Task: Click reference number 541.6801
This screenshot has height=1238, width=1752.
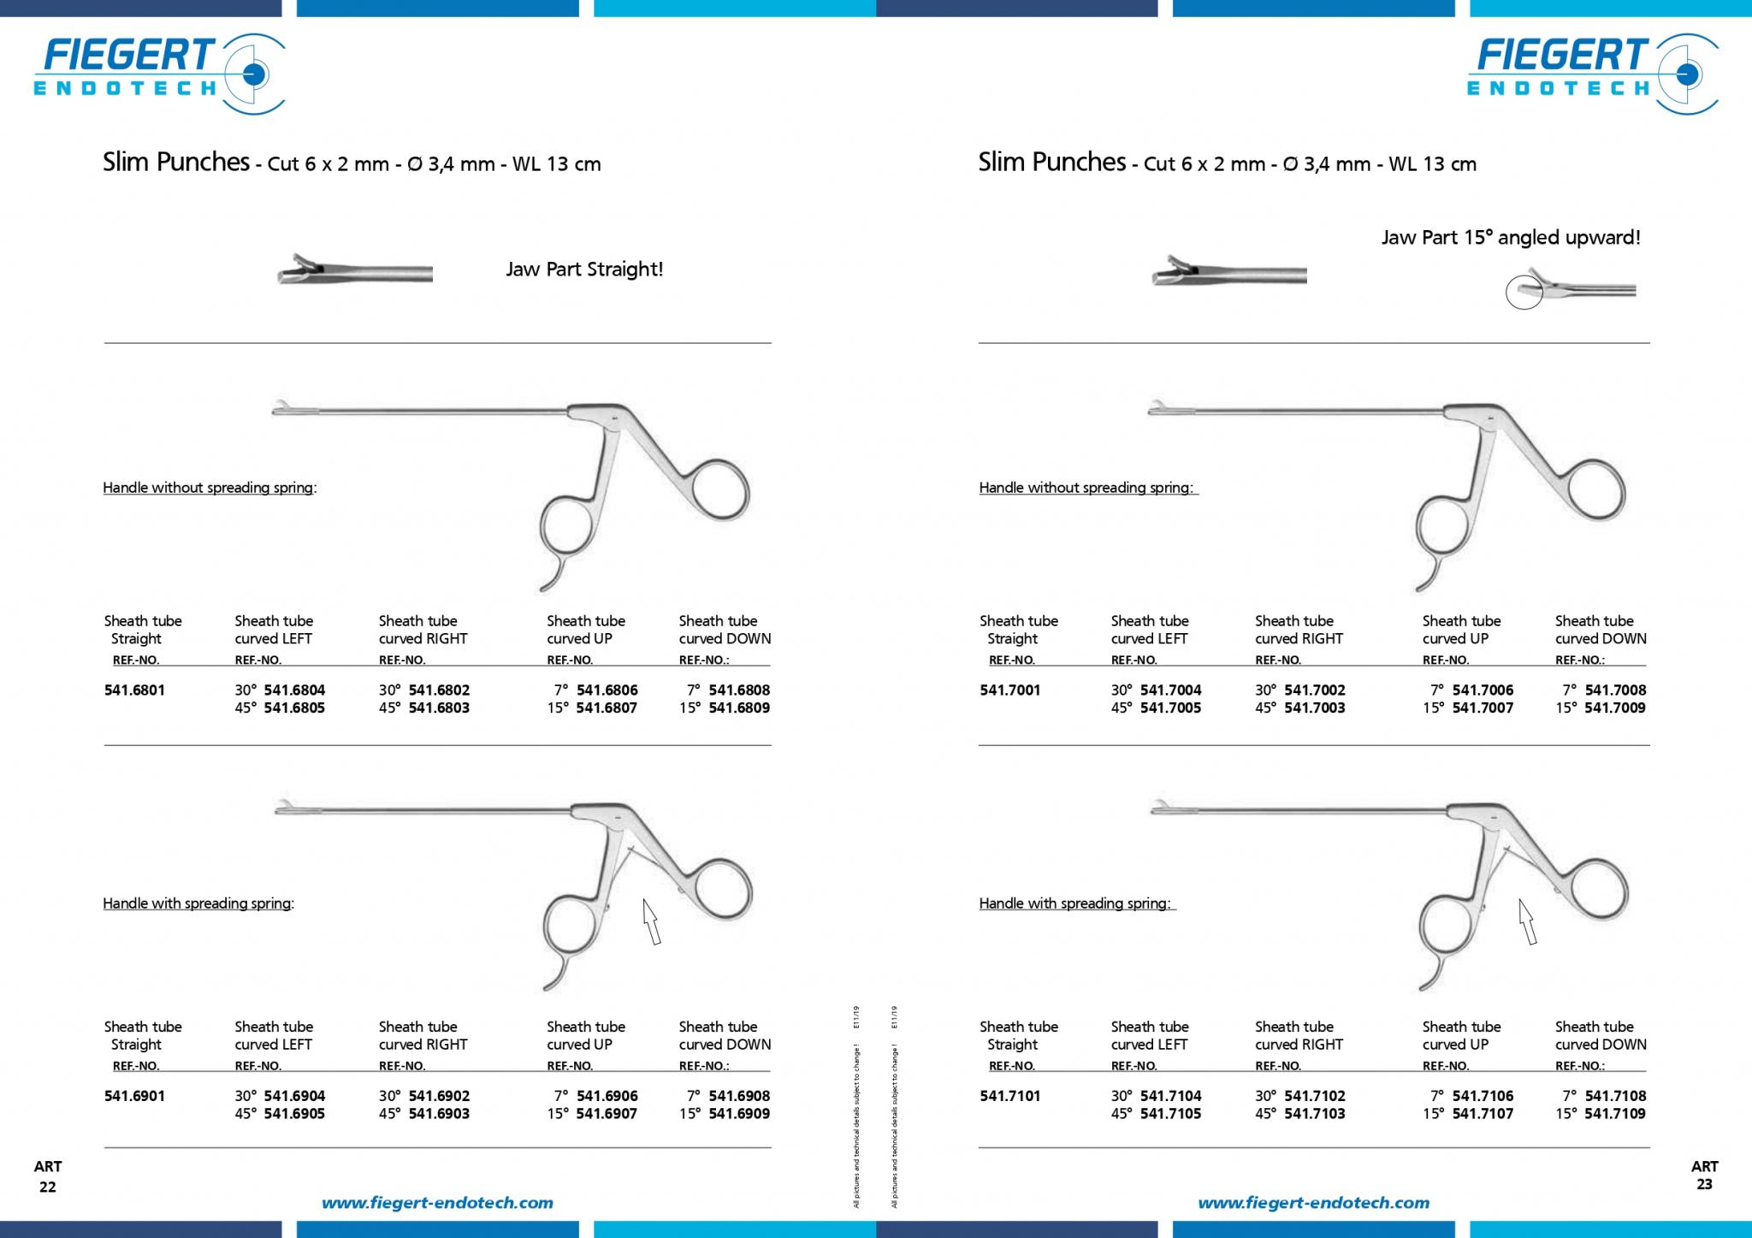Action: tap(134, 690)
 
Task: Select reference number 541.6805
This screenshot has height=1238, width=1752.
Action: tap(294, 708)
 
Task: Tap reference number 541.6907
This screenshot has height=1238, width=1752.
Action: tap(607, 1114)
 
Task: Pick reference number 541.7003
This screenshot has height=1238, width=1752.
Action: tap(1315, 708)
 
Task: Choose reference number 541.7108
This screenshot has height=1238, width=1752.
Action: tap(1615, 1096)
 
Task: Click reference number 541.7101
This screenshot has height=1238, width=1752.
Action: tap(1010, 1096)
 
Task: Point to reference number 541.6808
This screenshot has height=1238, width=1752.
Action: tap(739, 690)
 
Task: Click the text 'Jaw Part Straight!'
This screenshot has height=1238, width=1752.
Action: tap(584, 270)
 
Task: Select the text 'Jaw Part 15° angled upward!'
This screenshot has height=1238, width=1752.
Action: tap(1511, 238)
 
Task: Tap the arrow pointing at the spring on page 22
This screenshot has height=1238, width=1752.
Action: tap(652, 921)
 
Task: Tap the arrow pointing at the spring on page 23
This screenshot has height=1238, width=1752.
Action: tap(1528, 921)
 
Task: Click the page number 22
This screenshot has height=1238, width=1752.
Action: tap(48, 1187)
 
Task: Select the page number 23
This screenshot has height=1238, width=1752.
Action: tap(1704, 1185)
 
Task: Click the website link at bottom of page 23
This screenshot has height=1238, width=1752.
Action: tap(1313, 1203)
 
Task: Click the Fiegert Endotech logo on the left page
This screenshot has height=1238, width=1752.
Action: tap(159, 72)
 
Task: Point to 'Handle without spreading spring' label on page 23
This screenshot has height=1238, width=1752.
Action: tap(1086, 488)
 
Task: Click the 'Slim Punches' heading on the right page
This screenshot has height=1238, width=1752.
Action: tap(1052, 162)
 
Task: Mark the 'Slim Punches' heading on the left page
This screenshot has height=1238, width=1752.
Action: tap(176, 162)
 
